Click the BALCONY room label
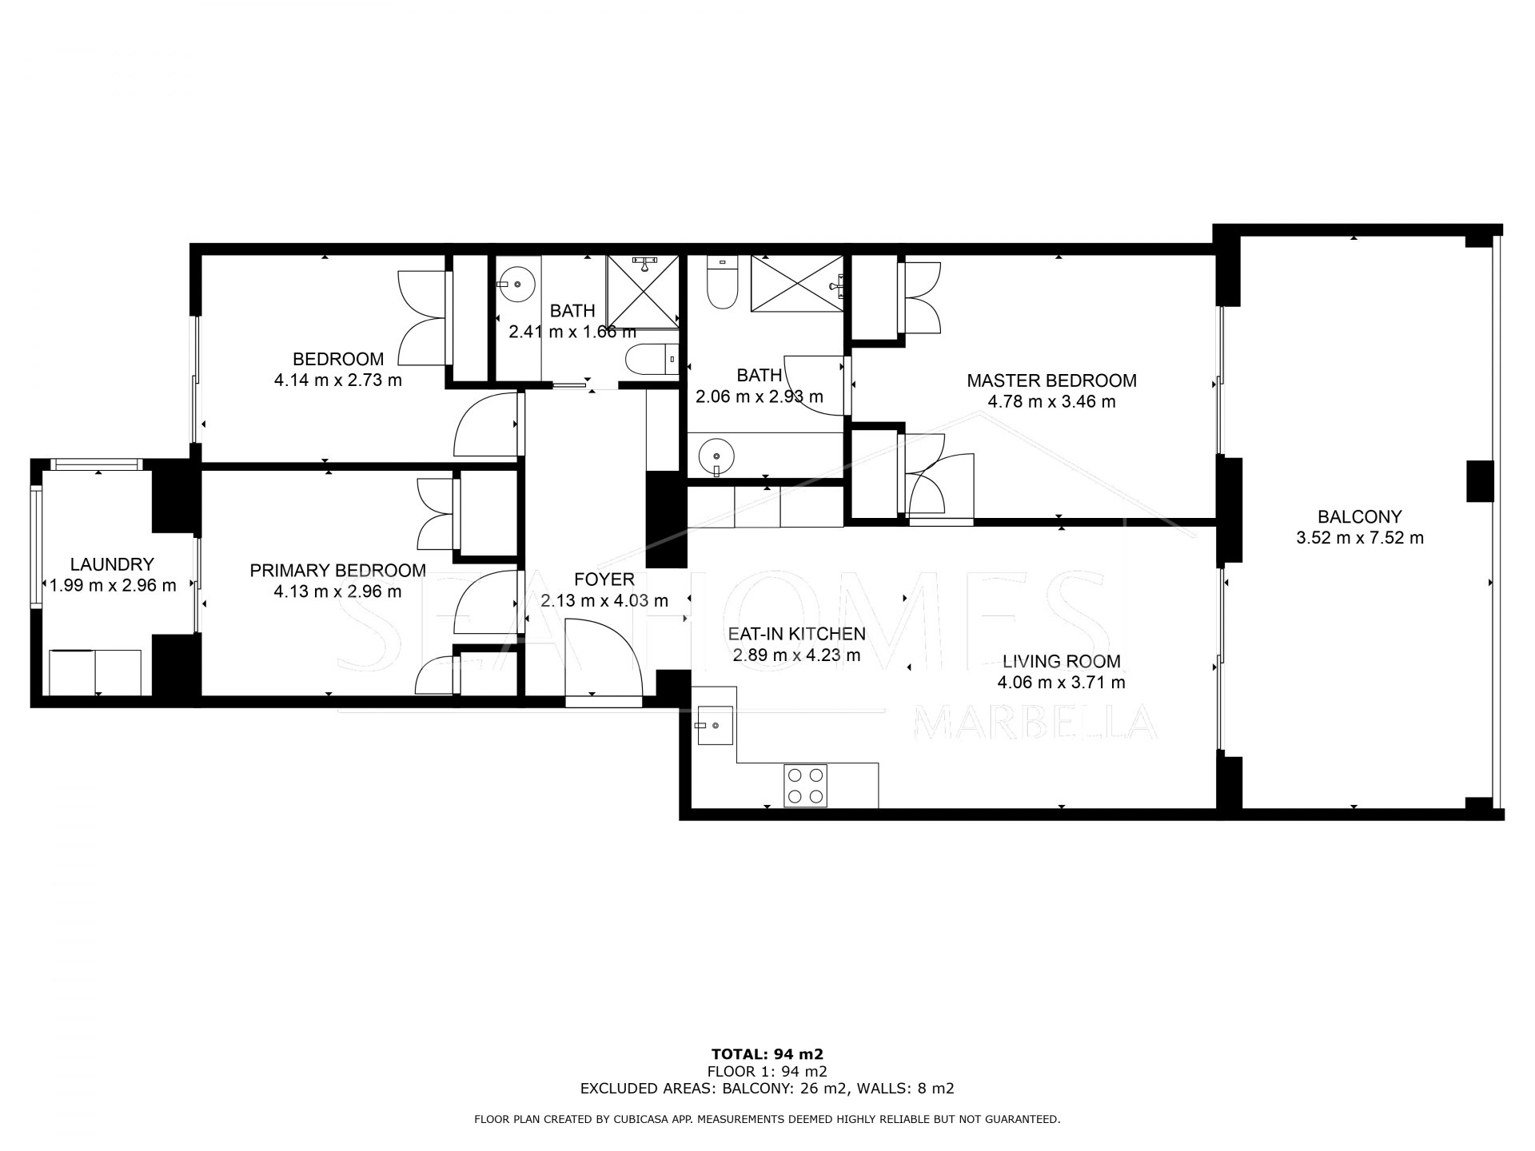[x=1359, y=516]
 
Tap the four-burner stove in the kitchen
[x=805, y=785]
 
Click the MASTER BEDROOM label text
[x=1051, y=380]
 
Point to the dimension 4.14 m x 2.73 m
[x=337, y=380]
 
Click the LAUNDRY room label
[x=112, y=564]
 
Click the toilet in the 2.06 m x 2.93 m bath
[x=722, y=285]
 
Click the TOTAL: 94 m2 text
[x=767, y=1053]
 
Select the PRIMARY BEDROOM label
[x=337, y=570]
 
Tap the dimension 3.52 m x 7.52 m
[x=1359, y=538]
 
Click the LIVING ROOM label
[x=1061, y=661]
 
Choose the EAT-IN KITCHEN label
[x=796, y=634]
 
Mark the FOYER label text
[x=604, y=579]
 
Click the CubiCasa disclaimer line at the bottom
[x=767, y=1119]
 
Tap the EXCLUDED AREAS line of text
[x=767, y=1089]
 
